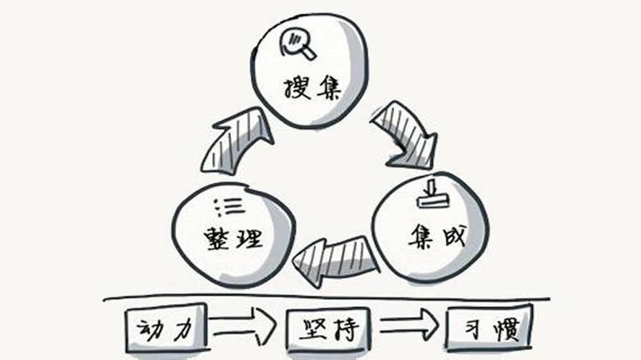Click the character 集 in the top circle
click(328, 87)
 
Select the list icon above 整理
click(230, 207)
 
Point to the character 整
click(217, 238)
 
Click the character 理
click(249, 238)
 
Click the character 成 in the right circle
click(454, 235)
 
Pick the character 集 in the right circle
click(423, 236)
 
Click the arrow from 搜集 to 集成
click(406, 135)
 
